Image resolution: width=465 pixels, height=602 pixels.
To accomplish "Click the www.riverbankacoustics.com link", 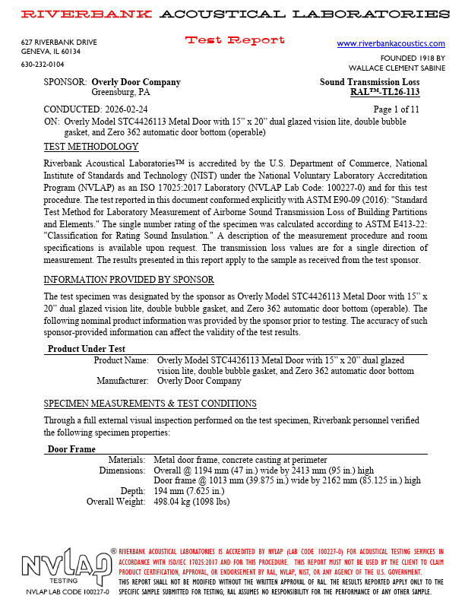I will [x=391, y=44].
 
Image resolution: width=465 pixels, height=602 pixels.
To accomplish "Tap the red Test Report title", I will [x=236, y=40].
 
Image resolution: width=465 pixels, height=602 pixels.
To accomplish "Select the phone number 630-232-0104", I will [x=43, y=65].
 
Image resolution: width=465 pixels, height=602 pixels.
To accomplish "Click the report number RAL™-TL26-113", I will [x=384, y=93].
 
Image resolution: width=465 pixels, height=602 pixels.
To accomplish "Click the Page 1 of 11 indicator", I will [x=396, y=110].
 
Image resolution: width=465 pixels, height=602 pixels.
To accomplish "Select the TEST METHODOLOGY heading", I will [x=91, y=147].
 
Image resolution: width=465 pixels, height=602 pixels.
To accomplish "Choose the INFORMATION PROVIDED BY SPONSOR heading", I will [x=128, y=280].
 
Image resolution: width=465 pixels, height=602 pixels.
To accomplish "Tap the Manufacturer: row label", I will [x=122, y=381].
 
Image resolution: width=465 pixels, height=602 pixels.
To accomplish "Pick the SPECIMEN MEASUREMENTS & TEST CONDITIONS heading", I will [x=150, y=403].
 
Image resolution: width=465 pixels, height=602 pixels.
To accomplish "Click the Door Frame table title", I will [x=71, y=449].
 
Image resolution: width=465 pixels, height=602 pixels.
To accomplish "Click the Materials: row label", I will [x=126, y=460].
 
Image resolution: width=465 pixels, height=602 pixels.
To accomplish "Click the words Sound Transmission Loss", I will [x=369, y=82].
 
